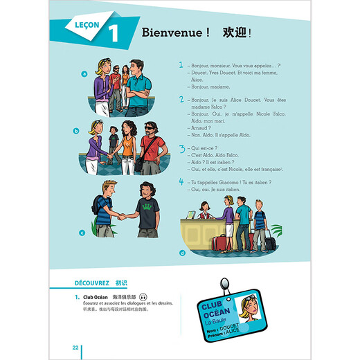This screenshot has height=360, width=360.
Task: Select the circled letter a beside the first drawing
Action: click(84, 73)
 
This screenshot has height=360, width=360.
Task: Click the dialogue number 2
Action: click(181, 100)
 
